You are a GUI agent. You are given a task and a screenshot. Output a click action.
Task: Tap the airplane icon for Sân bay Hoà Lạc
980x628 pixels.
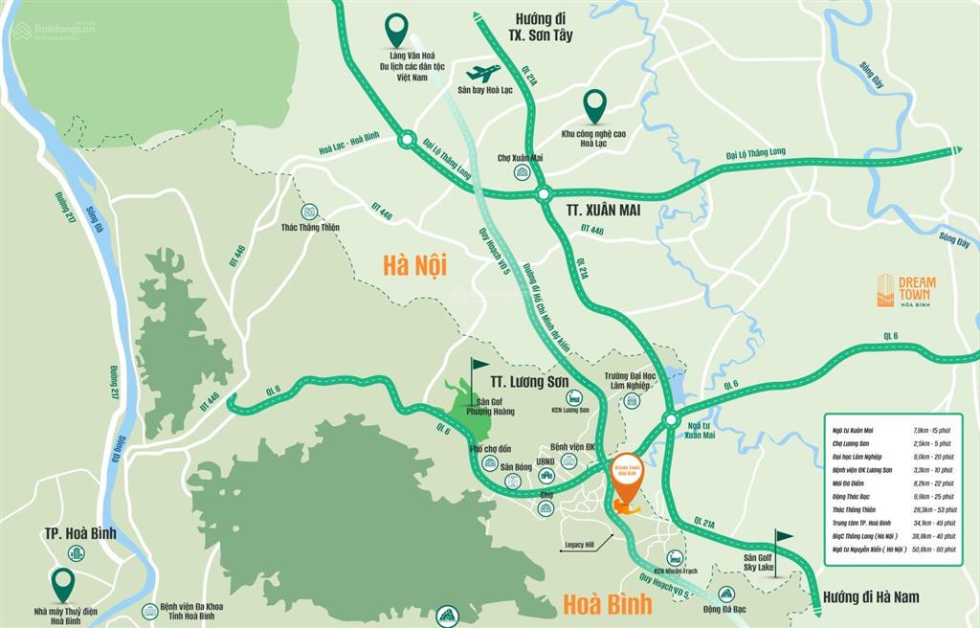(x=483, y=74)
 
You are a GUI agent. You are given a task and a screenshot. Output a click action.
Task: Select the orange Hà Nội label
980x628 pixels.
(x=413, y=264)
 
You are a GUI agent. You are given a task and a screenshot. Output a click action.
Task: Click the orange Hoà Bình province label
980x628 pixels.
(x=607, y=603)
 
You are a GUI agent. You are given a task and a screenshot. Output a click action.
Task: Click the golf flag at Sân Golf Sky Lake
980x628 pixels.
(x=783, y=541)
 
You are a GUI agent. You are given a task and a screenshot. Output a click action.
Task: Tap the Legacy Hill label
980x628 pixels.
(x=581, y=545)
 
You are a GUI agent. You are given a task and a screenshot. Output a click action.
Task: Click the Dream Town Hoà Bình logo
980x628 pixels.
(x=905, y=290)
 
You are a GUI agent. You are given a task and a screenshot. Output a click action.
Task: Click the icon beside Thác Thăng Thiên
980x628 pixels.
(x=308, y=212)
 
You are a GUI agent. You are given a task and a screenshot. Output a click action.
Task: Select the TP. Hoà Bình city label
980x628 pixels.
(x=79, y=532)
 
